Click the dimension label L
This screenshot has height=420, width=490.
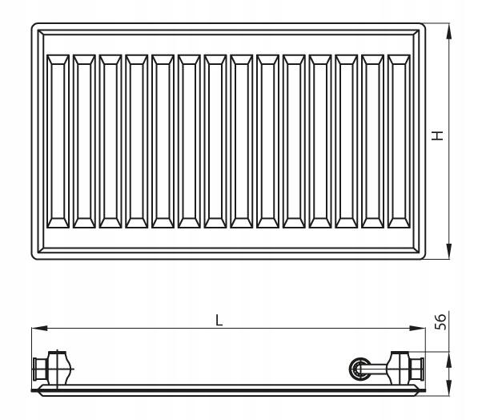pos(219,321)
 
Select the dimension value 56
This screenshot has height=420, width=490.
pos(440,322)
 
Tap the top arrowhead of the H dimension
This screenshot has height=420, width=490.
pos(449,31)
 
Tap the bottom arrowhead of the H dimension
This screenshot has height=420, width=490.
pos(449,251)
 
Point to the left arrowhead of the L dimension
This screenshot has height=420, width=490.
pos(39,328)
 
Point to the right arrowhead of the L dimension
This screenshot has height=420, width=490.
pos(417,328)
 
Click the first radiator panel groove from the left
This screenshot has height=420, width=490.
pos(58,141)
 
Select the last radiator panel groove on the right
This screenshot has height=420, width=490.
pos(399,141)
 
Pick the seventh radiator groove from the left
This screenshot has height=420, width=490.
pos(215,141)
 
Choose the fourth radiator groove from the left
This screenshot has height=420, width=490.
pos(137,141)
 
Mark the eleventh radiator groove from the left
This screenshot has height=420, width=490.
pos(320,141)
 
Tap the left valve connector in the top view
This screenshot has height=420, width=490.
pos(53,369)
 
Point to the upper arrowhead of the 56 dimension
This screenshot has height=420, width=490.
pos(449,359)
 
